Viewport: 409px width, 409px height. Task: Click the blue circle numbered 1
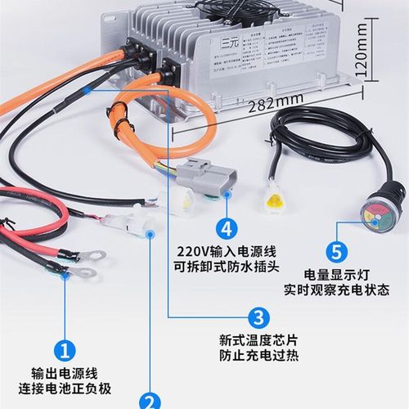coord(65,351)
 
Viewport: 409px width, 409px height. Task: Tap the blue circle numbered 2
coord(150,402)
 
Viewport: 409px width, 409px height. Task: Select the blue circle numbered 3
coord(258,318)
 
